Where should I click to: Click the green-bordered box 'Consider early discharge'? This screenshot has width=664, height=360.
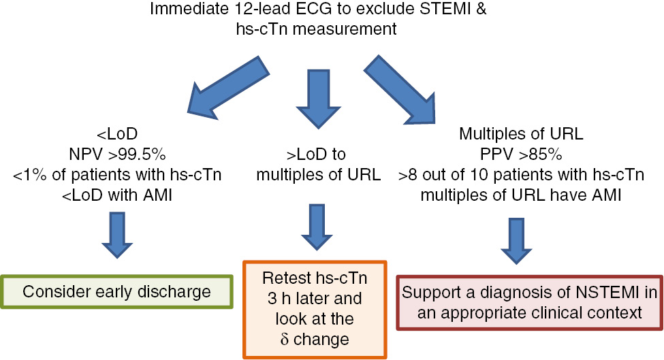point(117,292)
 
